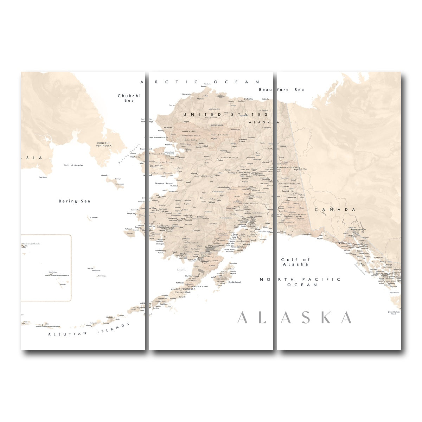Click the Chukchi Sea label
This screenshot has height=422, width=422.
[x=129, y=98]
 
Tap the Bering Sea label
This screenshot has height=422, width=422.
[x=74, y=201]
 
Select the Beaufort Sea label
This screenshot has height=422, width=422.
[x=281, y=90]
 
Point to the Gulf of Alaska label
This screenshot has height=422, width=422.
[x=295, y=262]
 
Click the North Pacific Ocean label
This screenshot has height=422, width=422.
[x=300, y=282]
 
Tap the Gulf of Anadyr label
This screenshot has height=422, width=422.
[x=73, y=165]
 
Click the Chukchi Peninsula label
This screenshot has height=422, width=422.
[x=104, y=144]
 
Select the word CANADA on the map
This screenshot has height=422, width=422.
[x=335, y=210]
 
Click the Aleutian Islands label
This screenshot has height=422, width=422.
[x=89, y=330]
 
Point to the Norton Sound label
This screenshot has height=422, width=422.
[x=164, y=184]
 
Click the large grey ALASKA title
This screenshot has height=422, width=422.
[x=294, y=318]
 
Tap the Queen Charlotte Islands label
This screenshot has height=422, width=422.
[x=394, y=313]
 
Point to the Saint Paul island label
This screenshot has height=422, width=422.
[x=90, y=268]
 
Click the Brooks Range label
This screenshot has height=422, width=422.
[x=217, y=125]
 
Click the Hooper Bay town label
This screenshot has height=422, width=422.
[x=131, y=213]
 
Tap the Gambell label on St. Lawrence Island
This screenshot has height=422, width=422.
[x=104, y=175]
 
